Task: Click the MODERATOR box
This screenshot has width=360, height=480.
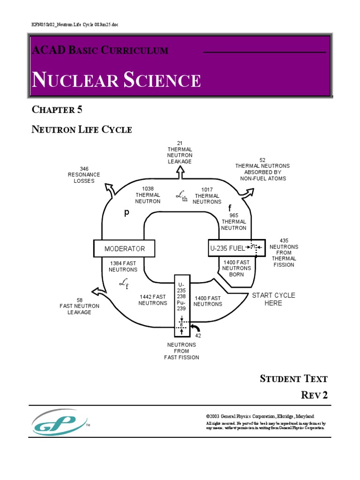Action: coord(124,248)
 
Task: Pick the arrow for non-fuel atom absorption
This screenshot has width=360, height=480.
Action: coord(247,192)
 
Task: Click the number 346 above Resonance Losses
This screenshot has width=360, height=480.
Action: coord(84,169)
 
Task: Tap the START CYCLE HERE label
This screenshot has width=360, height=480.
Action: coord(273,299)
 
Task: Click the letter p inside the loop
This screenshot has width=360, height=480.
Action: coord(126,213)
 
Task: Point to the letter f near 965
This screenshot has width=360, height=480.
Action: coord(230,208)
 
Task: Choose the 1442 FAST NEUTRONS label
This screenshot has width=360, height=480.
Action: coord(152,300)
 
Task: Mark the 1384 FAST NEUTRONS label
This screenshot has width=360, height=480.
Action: coord(123,266)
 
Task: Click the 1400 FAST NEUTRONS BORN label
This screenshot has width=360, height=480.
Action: coord(237,268)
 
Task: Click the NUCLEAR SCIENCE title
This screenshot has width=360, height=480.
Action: coord(116,80)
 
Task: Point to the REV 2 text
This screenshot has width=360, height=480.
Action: coord(314,395)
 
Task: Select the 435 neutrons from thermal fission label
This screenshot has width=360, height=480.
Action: coord(284,253)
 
